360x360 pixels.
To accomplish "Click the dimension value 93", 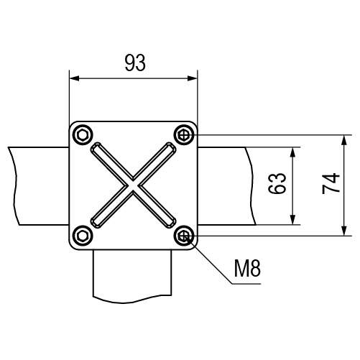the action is click(x=135, y=63).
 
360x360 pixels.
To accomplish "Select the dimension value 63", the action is click(x=277, y=183).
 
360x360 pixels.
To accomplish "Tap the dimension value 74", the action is click(x=331, y=183).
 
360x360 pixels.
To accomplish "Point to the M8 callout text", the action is click(x=247, y=269).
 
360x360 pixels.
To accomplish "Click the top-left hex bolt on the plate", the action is click(x=83, y=135).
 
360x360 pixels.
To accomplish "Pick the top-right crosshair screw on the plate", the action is click(x=184, y=135).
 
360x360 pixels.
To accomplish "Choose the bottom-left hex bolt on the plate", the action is click(x=83, y=236).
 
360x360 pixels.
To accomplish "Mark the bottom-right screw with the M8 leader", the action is click(x=184, y=236).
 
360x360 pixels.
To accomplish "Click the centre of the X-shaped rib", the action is click(x=133, y=185).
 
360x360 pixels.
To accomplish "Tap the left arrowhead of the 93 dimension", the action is click(x=74, y=78).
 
